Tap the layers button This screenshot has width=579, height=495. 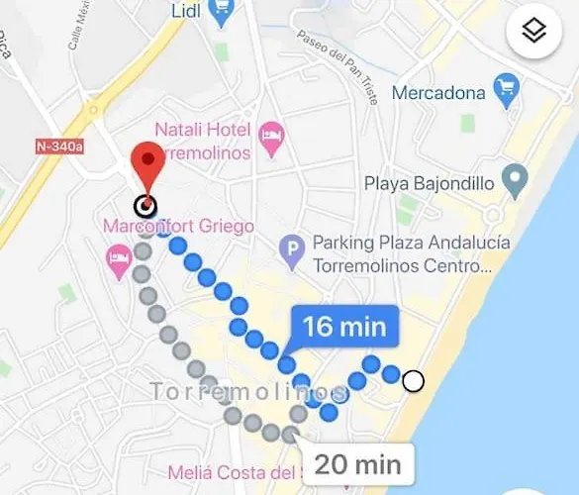[x=534, y=33]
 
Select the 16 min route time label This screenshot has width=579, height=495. [x=344, y=327]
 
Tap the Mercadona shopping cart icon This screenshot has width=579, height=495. [x=508, y=93]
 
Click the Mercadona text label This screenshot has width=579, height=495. [x=438, y=93]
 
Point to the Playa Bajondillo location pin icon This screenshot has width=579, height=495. [x=513, y=181]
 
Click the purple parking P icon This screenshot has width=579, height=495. [x=291, y=251]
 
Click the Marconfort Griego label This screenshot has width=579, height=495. [x=179, y=227]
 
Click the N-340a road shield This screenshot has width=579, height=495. [x=58, y=147]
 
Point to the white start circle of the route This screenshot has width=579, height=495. [x=413, y=381]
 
